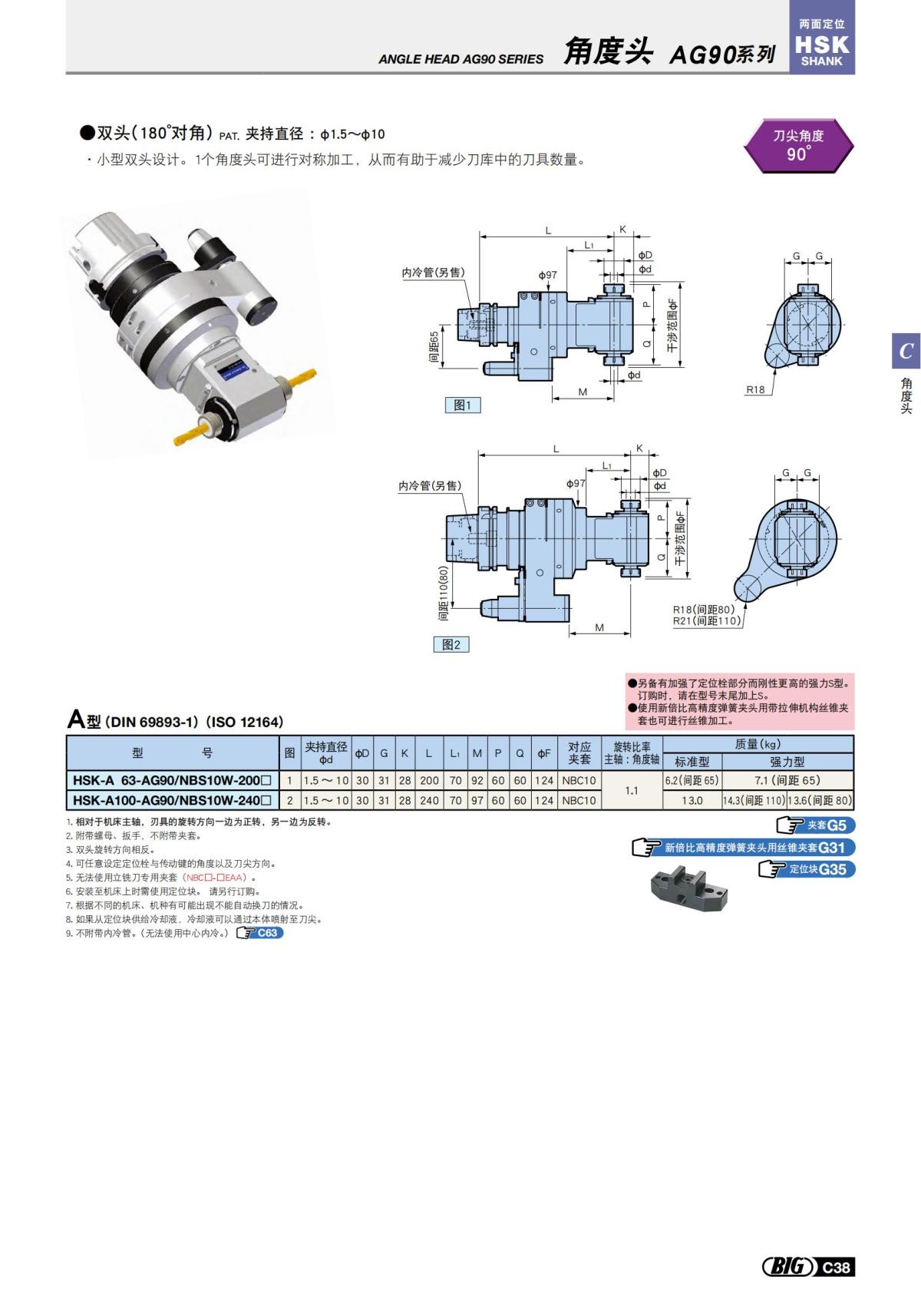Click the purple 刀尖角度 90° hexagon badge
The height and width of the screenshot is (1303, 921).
(798, 144)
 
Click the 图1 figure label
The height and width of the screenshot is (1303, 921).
(462, 405)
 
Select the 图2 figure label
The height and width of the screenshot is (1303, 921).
(451, 644)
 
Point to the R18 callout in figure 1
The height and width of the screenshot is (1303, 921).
(756, 389)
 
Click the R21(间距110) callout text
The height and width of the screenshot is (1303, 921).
(706, 620)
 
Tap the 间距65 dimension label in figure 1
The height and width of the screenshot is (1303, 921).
(434, 347)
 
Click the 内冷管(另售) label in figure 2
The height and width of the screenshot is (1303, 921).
(430, 486)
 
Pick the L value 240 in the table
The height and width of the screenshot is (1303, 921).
(428, 800)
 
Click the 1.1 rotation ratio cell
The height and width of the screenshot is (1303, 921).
(632, 790)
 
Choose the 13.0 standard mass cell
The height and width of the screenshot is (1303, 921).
(692, 800)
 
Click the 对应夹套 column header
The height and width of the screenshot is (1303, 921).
(579, 752)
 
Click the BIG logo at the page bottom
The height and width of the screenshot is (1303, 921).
(788, 1267)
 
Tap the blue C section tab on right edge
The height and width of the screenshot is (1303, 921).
(906, 351)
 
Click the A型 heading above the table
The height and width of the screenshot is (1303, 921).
(84, 720)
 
